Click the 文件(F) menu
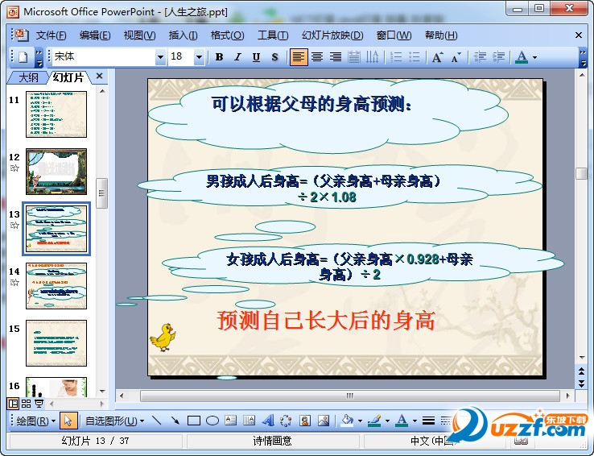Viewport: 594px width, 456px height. click(50, 35)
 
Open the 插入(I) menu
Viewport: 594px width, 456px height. click(183, 35)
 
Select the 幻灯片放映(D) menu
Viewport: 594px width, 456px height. click(332, 35)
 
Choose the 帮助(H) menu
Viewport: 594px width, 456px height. click(440, 35)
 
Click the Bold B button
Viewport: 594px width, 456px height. click(219, 57)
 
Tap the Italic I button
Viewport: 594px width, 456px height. click(237, 57)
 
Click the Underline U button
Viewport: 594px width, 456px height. click(256, 57)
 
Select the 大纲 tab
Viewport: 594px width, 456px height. click(28, 77)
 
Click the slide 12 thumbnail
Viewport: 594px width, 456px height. click(56, 171)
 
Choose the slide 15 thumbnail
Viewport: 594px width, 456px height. click(56, 343)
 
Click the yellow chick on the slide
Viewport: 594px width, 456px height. click(163, 337)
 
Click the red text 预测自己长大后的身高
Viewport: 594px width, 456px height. click(326, 321)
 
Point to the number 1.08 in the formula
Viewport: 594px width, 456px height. click(344, 197)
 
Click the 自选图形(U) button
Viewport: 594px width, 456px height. click(114, 421)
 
